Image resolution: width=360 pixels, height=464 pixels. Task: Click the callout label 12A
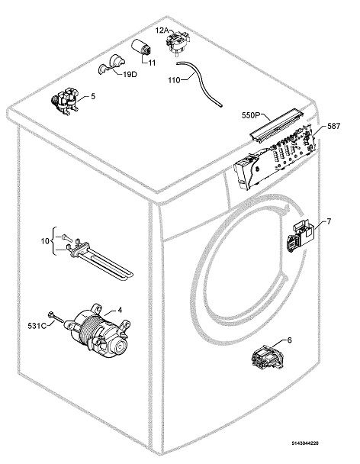pyautogui.click(x=162, y=31)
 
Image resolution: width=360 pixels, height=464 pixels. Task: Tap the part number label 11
pyautogui.click(x=152, y=63)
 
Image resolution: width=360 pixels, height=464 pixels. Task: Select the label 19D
pyautogui.click(x=130, y=74)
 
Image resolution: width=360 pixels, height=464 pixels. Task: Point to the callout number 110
pyautogui.click(x=174, y=80)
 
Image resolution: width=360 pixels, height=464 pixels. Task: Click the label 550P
pyautogui.click(x=250, y=115)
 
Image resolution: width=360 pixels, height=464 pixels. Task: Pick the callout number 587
pyautogui.click(x=333, y=126)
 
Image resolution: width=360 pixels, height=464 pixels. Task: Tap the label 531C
pyautogui.click(x=37, y=326)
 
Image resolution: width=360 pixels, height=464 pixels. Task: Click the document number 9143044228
pyautogui.click(x=305, y=443)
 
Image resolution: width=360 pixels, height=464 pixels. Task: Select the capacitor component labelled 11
pyautogui.click(x=141, y=47)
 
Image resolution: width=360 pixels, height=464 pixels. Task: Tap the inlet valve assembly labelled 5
pyautogui.click(x=65, y=101)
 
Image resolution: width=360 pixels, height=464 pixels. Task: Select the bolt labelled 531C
pyautogui.click(x=56, y=317)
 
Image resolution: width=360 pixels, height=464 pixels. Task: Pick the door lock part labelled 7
pyautogui.click(x=300, y=234)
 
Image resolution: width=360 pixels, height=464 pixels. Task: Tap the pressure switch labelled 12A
pyautogui.click(x=178, y=42)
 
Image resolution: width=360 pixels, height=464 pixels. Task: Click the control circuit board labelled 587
pyautogui.click(x=275, y=156)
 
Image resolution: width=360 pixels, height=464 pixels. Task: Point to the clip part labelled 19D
pyautogui.click(x=111, y=65)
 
